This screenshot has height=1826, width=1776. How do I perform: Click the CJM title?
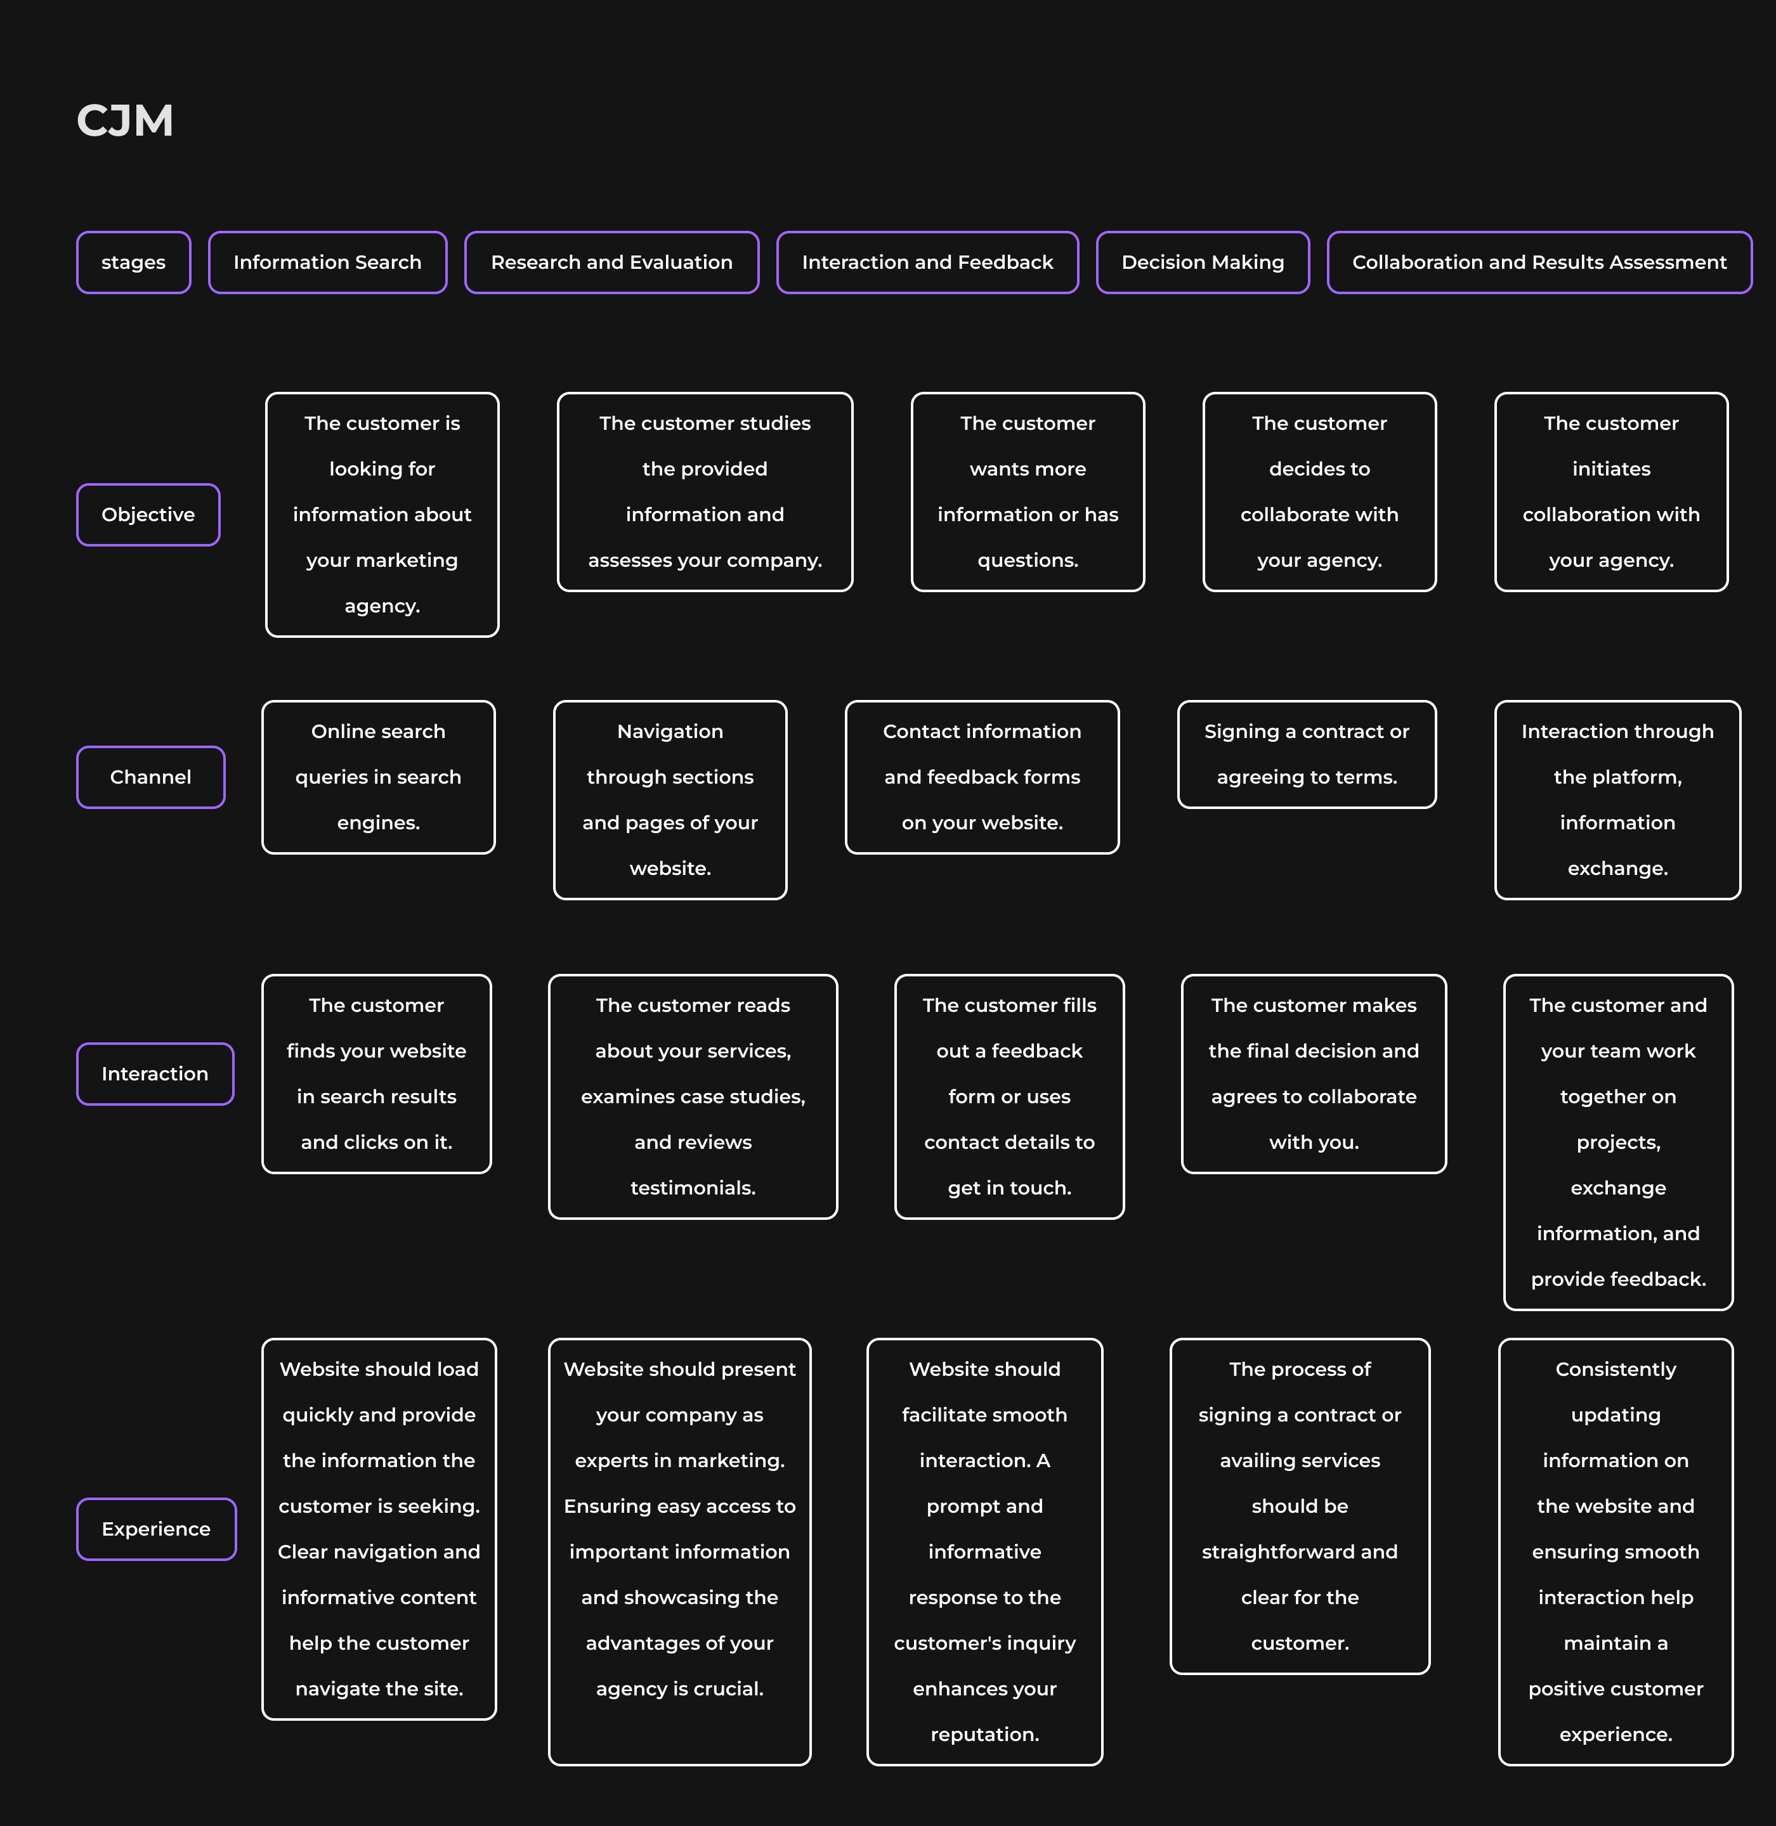[125, 120]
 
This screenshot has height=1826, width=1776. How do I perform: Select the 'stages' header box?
[133, 262]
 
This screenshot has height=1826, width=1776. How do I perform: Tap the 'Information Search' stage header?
[327, 262]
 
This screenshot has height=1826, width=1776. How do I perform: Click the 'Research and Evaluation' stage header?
[612, 262]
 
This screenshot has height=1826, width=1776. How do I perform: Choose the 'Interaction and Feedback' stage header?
[927, 262]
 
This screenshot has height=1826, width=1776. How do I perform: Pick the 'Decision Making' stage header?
[1203, 262]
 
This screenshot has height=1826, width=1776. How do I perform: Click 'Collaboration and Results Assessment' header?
[1539, 262]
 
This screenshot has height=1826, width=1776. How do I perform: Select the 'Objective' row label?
[148, 515]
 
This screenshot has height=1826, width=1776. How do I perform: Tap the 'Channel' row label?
[150, 777]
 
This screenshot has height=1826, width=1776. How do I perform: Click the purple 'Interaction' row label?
[155, 1073]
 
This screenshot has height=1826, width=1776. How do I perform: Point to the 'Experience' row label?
[156, 1529]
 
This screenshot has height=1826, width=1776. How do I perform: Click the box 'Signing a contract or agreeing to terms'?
[1307, 754]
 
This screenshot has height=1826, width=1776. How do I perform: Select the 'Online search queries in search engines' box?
[378, 777]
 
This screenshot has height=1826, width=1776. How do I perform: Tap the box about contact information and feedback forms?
[983, 777]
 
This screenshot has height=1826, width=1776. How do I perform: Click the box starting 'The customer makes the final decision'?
[1314, 1073]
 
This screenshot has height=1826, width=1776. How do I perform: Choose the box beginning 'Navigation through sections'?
[670, 800]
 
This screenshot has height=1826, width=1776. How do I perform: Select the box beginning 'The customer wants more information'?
[1028, 491]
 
